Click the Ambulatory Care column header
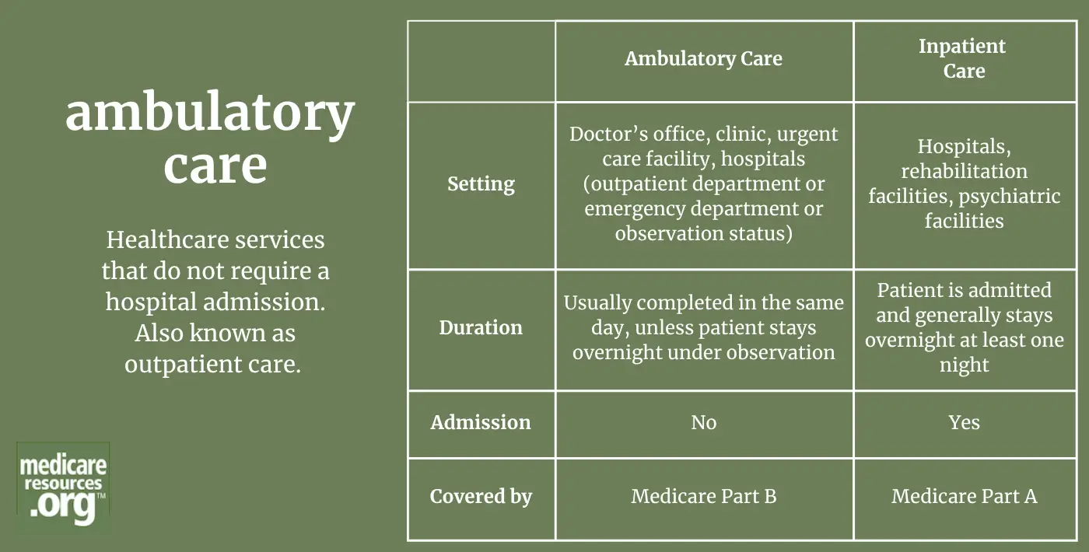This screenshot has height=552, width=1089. pos(703,59)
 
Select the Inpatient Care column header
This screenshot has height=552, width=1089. pos(963,58)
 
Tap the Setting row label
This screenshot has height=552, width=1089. pos(481,184)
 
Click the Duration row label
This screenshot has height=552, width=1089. pos(481,327)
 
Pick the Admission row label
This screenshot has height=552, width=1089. pos(481,422)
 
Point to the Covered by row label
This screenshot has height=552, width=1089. pos(481,497)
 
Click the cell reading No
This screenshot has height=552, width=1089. pos(703,423)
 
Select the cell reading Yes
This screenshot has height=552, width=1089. pos(964,422)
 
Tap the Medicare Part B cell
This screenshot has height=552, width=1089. pos(703,496)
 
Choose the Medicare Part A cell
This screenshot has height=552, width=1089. pos(964,496)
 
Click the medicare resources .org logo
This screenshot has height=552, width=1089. pos(63,485)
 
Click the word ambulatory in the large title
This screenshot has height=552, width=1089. pos(210,113)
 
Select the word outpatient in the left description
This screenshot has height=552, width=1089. pos(184,365)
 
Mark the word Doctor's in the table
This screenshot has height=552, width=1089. pos(608,134)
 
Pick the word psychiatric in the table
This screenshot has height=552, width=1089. pos(1010,196)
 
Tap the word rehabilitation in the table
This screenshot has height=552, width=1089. pos(964,171)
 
